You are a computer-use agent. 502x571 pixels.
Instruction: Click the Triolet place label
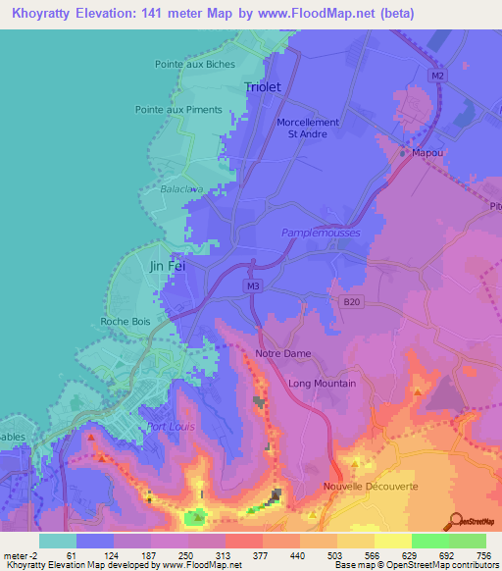pos(262,87)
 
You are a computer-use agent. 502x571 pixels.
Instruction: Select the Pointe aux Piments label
pos(178,110)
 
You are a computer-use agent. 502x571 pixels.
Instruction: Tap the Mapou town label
pos(427,153)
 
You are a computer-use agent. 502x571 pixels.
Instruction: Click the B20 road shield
pos(352,303)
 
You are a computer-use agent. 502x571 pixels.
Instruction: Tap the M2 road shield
pos(437,76)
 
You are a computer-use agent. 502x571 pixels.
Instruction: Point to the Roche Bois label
pos(125,321)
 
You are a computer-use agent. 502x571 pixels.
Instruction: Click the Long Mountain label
pos(322,384)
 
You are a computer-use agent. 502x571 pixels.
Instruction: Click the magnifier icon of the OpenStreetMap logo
pos(458,520)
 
